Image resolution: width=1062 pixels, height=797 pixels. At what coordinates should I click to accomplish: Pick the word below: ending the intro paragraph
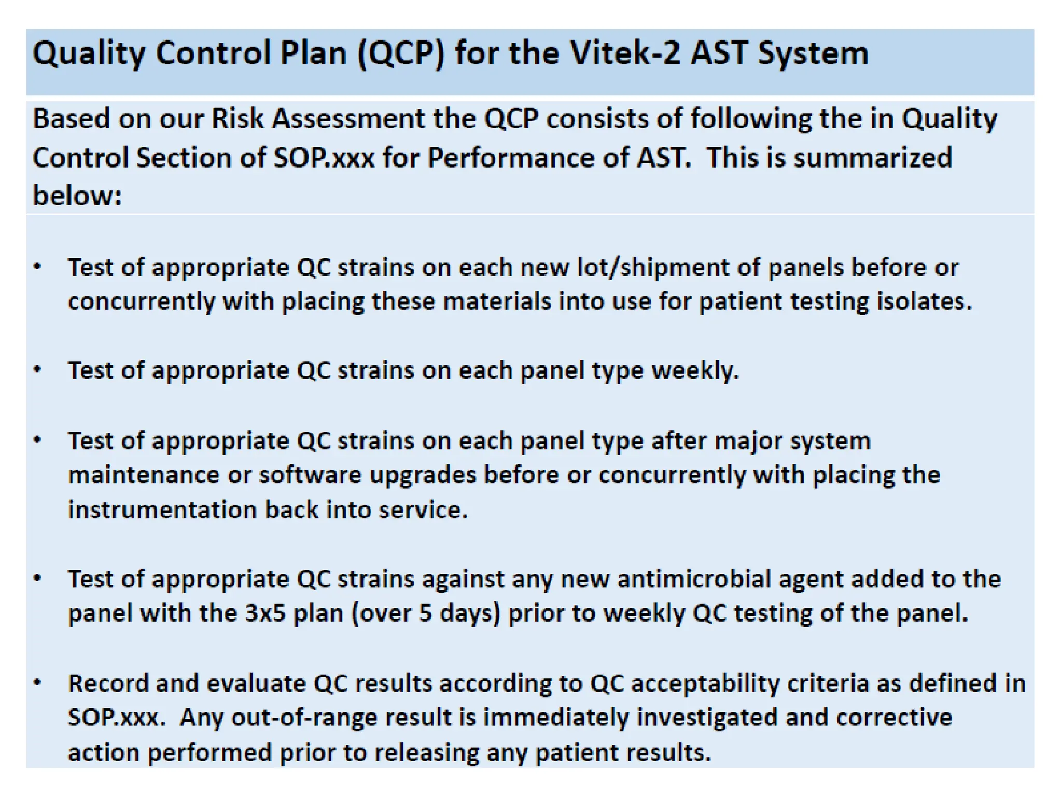77,196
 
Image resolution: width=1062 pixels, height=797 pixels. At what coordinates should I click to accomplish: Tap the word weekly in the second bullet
694,371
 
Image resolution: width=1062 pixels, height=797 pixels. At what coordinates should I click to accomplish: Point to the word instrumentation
162,510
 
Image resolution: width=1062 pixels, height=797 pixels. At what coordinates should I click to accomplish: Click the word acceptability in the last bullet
705,684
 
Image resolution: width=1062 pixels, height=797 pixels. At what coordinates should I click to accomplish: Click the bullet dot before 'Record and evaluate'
37,683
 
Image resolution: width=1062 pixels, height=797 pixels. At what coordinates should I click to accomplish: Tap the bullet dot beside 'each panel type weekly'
37,370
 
